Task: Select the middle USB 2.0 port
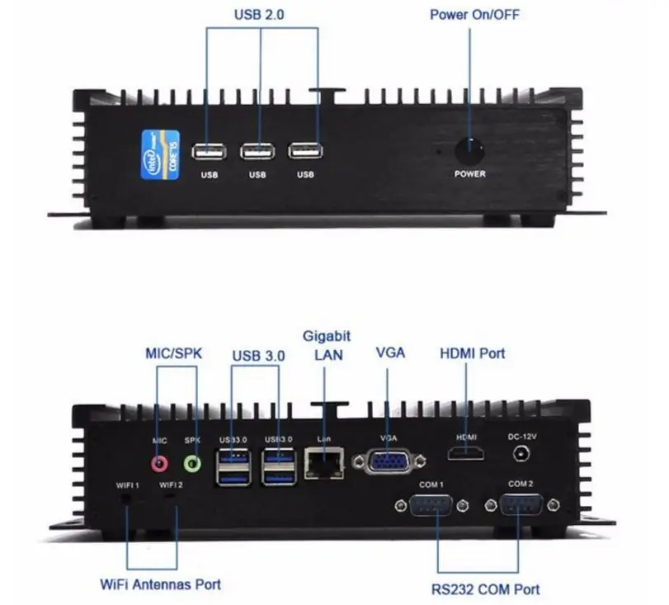coord(257,152)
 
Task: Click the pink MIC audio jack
coord(160,462)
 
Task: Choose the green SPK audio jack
coord(193,462)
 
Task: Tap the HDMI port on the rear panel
coord(466,452)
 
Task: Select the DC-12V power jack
coord(521,453)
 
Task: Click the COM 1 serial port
coord(430,505)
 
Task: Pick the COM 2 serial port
coord(520,505)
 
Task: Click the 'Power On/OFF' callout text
coord(474,15)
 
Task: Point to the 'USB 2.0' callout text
coord(261,15)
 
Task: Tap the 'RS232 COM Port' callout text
coord(486,589)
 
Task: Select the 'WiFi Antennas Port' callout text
coord(161,584)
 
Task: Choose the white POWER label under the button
coord(470,174)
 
